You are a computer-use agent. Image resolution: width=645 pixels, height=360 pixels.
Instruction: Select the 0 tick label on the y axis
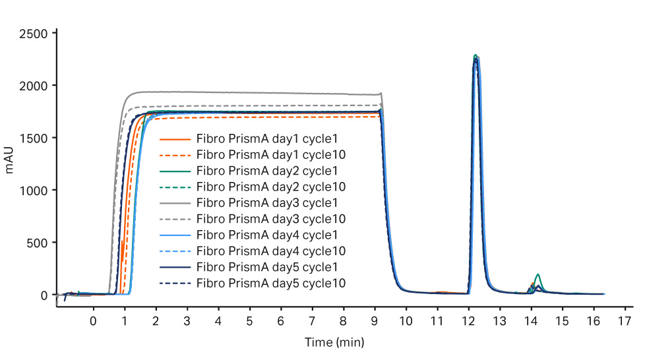(x=44, y=295)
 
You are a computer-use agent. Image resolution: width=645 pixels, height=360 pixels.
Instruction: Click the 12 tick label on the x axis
(x=468, y=321)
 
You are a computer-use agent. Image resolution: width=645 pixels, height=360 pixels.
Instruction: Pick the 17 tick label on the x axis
(x=625, y=321)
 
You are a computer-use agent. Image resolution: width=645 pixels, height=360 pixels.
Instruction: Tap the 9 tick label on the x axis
(x=375, y=321)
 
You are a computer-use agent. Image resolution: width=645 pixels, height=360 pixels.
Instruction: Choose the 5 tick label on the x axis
(x=249, y=321)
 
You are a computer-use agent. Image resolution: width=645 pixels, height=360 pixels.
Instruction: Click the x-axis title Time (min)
(x=334, y=342)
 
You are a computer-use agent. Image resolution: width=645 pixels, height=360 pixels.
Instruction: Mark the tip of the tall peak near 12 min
(x=476, y=56)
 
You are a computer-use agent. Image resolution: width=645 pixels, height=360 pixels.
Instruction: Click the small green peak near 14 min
(x=539, y=274)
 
